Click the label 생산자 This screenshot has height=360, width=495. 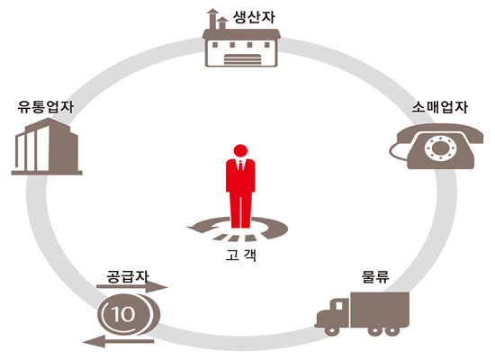tap(254, 17)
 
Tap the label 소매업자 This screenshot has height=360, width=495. tap(440, 107)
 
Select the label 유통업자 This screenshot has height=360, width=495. tap(46, 107)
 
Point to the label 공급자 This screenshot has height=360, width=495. tap(128, 276)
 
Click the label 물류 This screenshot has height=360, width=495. tap(375, 276)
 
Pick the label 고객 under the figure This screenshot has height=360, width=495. tap(241, 256)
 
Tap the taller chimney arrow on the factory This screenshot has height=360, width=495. tap(212, 19)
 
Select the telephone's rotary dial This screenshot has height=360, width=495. tap(440, 148)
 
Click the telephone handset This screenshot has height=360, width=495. tap(440, 133)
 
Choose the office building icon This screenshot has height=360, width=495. tap(47, 147)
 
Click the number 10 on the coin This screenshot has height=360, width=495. tap(123, 314)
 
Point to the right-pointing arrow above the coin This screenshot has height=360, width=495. tap(132, 287)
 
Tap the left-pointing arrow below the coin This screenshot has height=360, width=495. tap(119, 341)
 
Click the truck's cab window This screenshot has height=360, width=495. tap(339, 306)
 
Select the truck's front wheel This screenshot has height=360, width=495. tap(332, 330)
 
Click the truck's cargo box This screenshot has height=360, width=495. tap(380, 310)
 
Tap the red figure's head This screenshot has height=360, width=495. tap(240, 150)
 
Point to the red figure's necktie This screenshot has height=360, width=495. tap(240, 166)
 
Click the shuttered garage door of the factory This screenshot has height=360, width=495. tap(243, 59)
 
